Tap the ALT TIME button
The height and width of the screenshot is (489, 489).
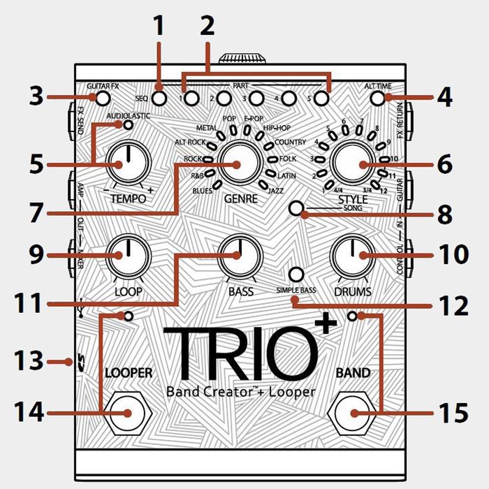pos(378,98)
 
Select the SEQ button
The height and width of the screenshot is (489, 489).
pos(159,98)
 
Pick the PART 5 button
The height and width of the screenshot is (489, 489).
pos(321,98)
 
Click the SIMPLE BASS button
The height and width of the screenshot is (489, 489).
pos(297,274)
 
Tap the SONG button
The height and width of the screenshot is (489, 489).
pos(297,209)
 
